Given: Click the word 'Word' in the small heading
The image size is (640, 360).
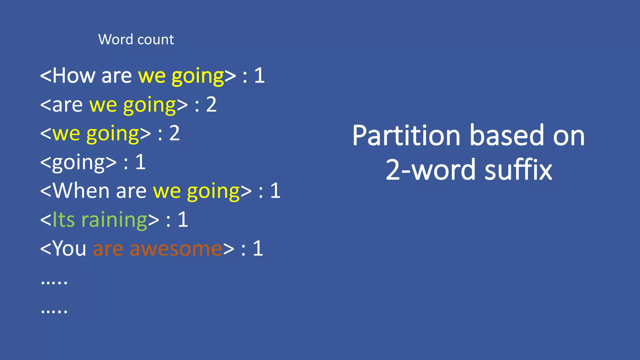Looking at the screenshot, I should coord(115,40).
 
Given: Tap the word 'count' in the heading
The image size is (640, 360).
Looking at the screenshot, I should coord(155,40).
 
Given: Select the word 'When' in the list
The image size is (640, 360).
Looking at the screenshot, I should coord(81,191).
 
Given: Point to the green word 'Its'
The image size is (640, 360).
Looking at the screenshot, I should coord(63,220).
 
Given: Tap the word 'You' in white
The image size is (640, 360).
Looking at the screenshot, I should coord(69,249).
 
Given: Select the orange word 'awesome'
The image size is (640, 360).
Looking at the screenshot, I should coord(176,249).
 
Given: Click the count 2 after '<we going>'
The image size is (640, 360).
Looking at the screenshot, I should coord(174,133).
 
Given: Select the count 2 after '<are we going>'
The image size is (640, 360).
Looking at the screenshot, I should coord(211,105).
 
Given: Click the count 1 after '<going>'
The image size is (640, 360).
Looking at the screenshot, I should coord(140,162).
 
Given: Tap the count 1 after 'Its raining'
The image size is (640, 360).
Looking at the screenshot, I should coord(183,220).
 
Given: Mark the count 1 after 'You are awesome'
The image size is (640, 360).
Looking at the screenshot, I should coord(258,249).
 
